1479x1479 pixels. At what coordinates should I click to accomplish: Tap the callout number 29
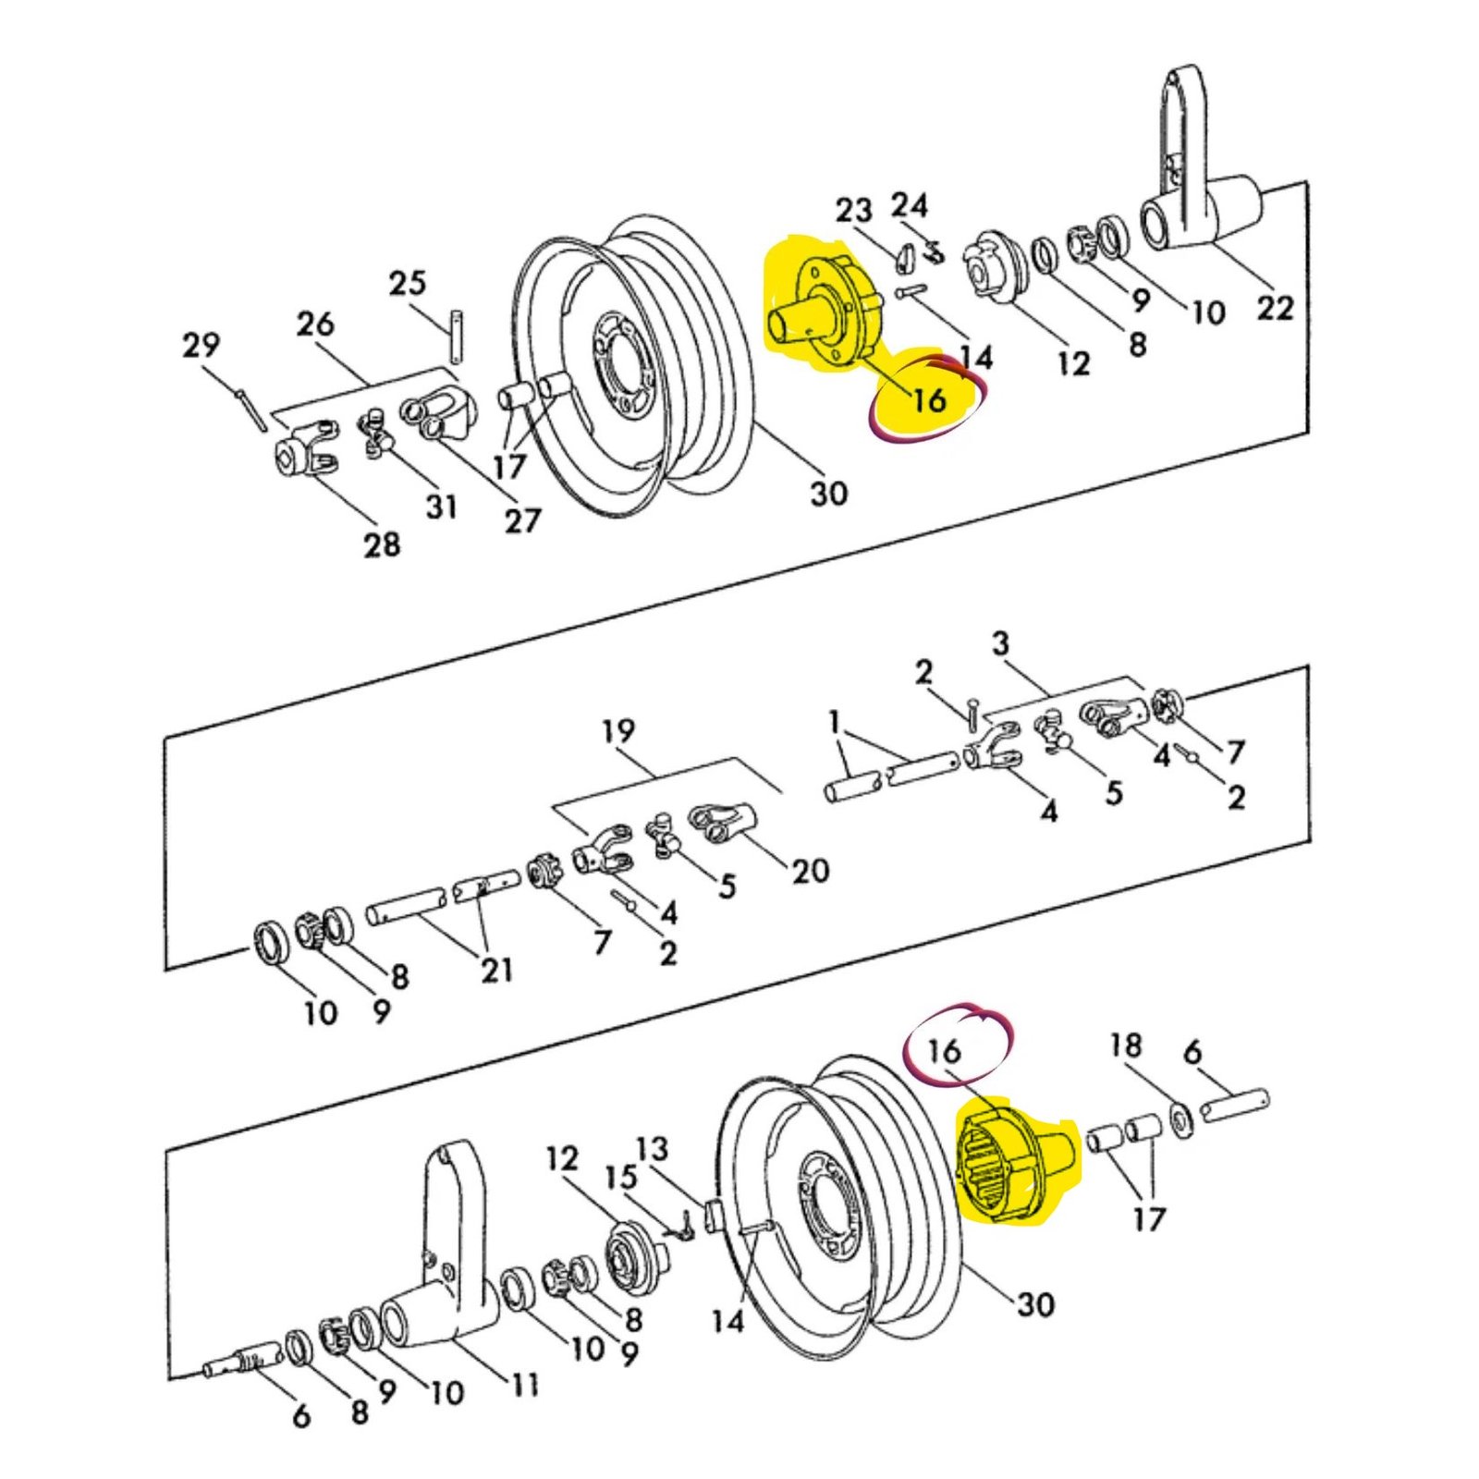[x=201, y=345]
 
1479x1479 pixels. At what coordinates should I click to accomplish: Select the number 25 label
[x=407, y=283]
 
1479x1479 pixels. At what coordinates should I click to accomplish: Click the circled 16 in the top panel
[x=929, y=399]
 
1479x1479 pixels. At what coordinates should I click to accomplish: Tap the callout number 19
[x=618, y=731]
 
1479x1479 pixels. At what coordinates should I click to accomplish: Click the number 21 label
[x=496, y=970]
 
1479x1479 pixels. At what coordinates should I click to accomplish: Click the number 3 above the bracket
[x=1001, y=643]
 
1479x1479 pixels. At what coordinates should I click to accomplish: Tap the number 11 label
[x=524, y=1384]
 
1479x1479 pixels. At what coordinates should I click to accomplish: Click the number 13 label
[x=651, y=1149]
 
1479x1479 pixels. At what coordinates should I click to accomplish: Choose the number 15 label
[x=621, y=1177]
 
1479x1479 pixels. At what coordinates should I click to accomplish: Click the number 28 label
[x=382, y=544]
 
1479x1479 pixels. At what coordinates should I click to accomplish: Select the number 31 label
[x=441, y=506]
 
